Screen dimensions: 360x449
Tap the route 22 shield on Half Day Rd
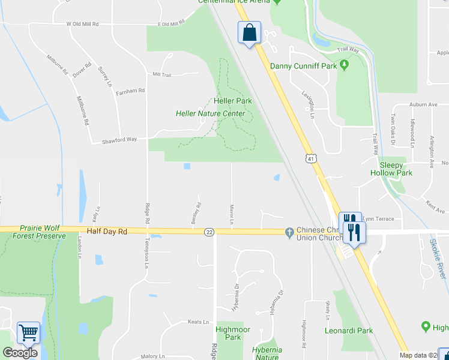pos(209,232)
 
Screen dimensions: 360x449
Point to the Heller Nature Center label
pos(210,113)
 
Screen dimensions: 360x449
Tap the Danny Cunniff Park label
pos(303,66)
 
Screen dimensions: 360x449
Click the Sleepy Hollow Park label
pos(396,169)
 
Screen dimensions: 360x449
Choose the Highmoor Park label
pos(228,334)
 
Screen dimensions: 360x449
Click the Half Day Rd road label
pos(107,231)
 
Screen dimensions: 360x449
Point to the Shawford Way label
pos(119,139)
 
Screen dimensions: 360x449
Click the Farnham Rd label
pos(131,91)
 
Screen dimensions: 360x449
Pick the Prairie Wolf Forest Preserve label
pos(42,232)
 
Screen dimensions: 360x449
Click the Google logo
pos(20,353)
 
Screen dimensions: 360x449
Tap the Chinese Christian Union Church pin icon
pos(289,231)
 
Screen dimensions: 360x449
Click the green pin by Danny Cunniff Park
pos(345,65)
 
